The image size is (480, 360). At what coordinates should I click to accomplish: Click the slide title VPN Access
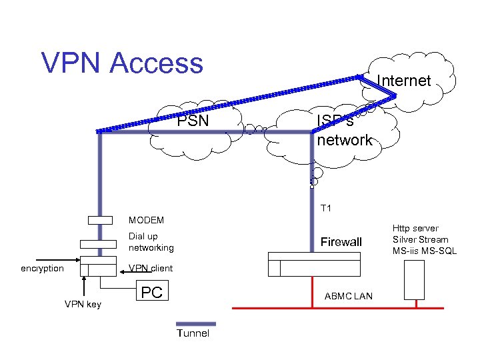122,63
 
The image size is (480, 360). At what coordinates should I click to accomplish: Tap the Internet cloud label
404,81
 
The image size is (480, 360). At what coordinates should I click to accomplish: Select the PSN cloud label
193,121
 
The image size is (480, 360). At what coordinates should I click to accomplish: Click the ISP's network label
344,131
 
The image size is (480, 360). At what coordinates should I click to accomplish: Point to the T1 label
326,209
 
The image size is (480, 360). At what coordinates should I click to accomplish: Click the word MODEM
146,219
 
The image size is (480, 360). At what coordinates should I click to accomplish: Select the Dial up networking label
151,242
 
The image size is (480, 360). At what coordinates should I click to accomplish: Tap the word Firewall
341,242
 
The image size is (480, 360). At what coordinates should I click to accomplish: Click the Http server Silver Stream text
420,239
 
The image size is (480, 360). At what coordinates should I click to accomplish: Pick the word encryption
42,269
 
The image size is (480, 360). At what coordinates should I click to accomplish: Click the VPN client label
151,269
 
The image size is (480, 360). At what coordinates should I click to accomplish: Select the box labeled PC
153,293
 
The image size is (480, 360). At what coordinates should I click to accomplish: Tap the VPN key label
83,305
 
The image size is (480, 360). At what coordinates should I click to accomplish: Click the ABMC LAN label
348,295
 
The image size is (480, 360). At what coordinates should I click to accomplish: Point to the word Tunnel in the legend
193,333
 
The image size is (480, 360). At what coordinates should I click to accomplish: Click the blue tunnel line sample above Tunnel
193,323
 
